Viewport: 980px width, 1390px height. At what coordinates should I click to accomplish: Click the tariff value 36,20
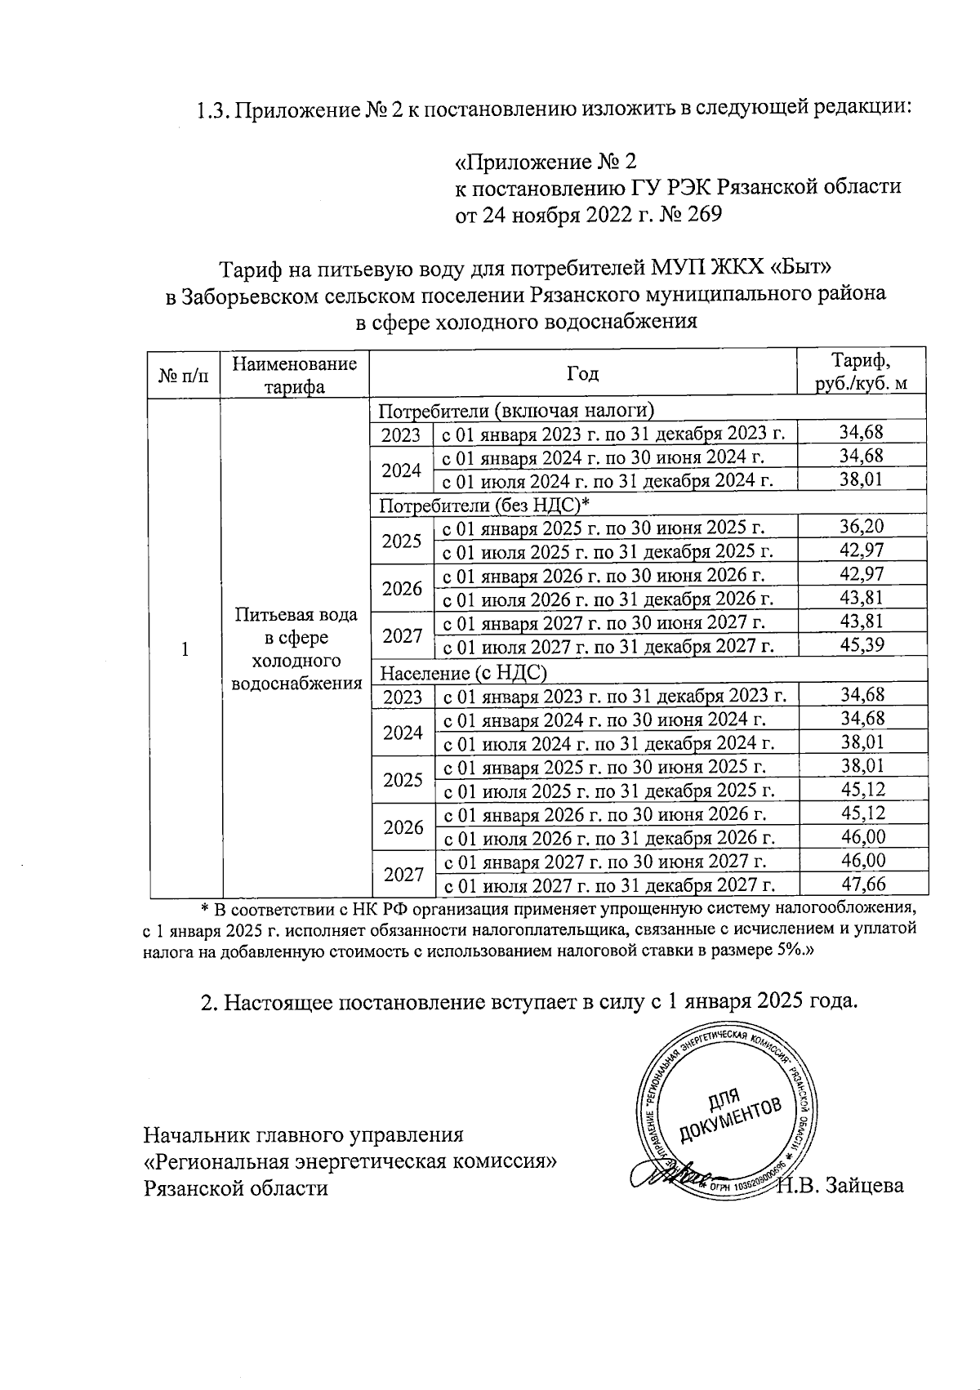(x=862, y=526)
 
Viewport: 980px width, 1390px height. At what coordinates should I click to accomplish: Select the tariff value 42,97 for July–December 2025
(x=862, y=550)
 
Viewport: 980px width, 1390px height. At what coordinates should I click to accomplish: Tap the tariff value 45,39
(x=862, y=646)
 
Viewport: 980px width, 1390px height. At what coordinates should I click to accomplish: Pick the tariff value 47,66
(x=862, y=884)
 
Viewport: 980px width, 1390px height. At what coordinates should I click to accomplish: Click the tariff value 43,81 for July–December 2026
(x=862, y=598)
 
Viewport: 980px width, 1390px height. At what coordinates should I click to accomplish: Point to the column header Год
(x=582, y=374)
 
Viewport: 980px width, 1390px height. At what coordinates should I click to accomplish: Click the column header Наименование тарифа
(x=294, y=375)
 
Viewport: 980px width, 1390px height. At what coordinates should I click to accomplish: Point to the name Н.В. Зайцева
(x=841, y=1185)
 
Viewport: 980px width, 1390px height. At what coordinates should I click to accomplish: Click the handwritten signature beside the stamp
(x=666, y=1177)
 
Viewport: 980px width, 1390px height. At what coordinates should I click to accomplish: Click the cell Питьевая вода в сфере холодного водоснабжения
(x=296, y=648)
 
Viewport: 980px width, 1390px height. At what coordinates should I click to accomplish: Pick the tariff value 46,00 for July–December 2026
(x=862, y=837)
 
